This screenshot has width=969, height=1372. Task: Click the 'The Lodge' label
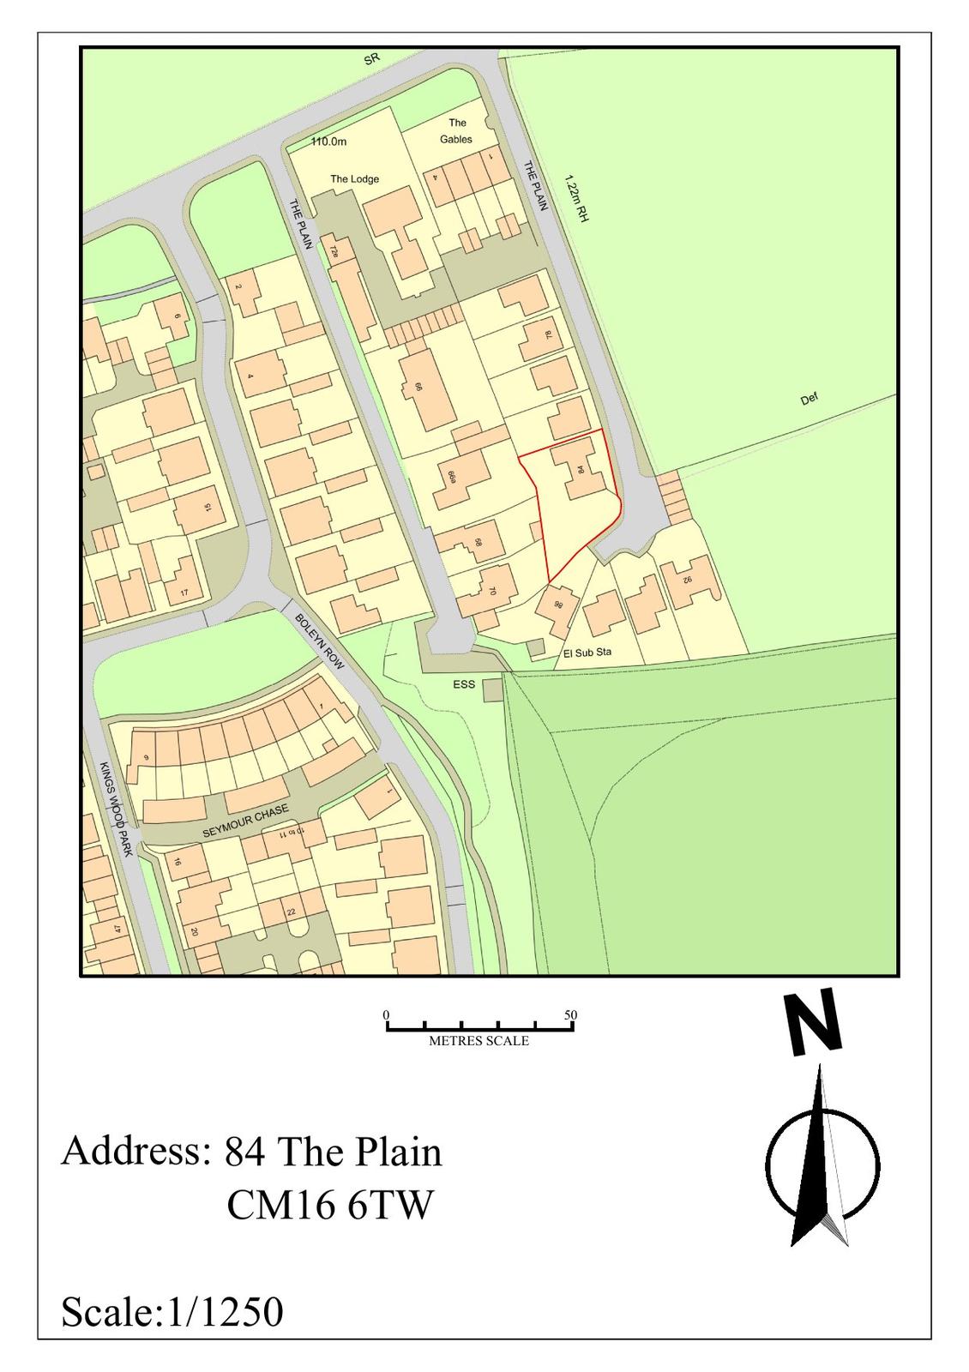[354, 179]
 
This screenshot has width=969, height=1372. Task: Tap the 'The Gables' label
[456, 130]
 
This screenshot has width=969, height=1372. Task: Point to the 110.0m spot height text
[328, 142]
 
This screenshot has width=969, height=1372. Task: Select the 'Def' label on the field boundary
[809, 399]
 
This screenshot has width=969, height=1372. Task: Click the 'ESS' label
[463, 685]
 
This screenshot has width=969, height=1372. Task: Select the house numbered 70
[491, 590]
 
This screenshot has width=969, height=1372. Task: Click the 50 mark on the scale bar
[571, 1015]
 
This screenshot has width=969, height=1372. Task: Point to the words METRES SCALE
[478, 1041]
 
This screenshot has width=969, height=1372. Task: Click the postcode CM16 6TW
[330, 1206]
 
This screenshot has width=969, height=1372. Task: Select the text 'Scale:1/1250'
[172, 1312]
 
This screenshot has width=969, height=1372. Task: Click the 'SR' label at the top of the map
[371, 59]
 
